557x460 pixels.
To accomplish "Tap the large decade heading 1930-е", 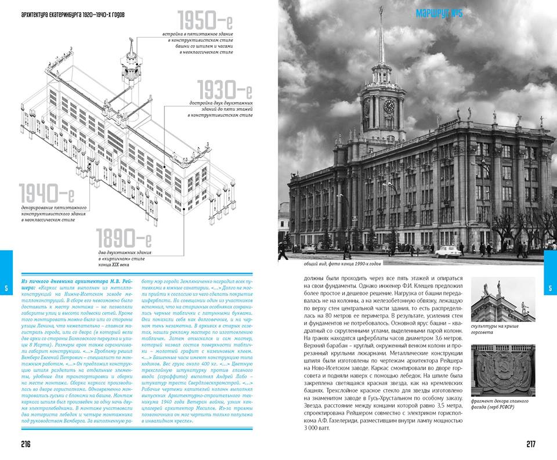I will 224,91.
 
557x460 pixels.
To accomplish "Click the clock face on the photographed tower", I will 389,106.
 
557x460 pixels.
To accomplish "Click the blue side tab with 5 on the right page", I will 550,288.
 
